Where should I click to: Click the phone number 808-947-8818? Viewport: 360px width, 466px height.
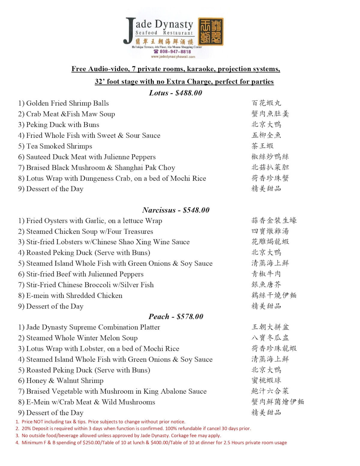(x=175, y=52)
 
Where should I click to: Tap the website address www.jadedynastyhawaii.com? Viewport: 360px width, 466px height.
(x=173, y=57)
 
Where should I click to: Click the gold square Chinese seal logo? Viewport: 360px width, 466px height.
(x=211, y=32)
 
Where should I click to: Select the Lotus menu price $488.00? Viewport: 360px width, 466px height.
(x=189, y=93)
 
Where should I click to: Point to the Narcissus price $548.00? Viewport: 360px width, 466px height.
(x=196, y=210)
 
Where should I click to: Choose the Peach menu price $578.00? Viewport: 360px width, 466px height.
(x=190, y=317)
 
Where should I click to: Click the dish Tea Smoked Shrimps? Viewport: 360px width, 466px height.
(x=59, y=146)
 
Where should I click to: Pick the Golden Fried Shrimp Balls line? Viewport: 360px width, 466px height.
(x=63, y=103)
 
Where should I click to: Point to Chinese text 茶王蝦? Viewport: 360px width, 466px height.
(x=262, y=146)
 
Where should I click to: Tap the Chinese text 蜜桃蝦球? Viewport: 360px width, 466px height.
(x=266, y=380)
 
